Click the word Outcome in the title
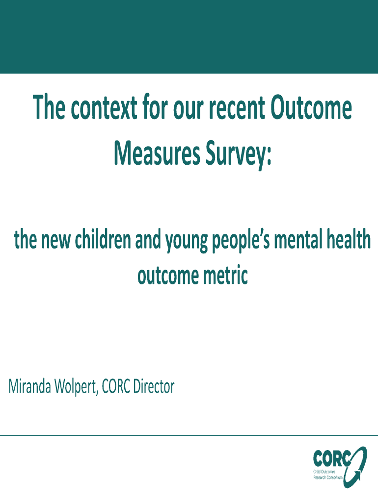[311, 107]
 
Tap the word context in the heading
[104, 107]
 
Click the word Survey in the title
[237, 154]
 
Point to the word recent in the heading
[237, 108]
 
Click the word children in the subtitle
[103, 239]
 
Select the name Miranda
[29, 386]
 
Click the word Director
[154, 386]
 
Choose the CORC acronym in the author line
[116, 386]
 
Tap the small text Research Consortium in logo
[327, 477]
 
